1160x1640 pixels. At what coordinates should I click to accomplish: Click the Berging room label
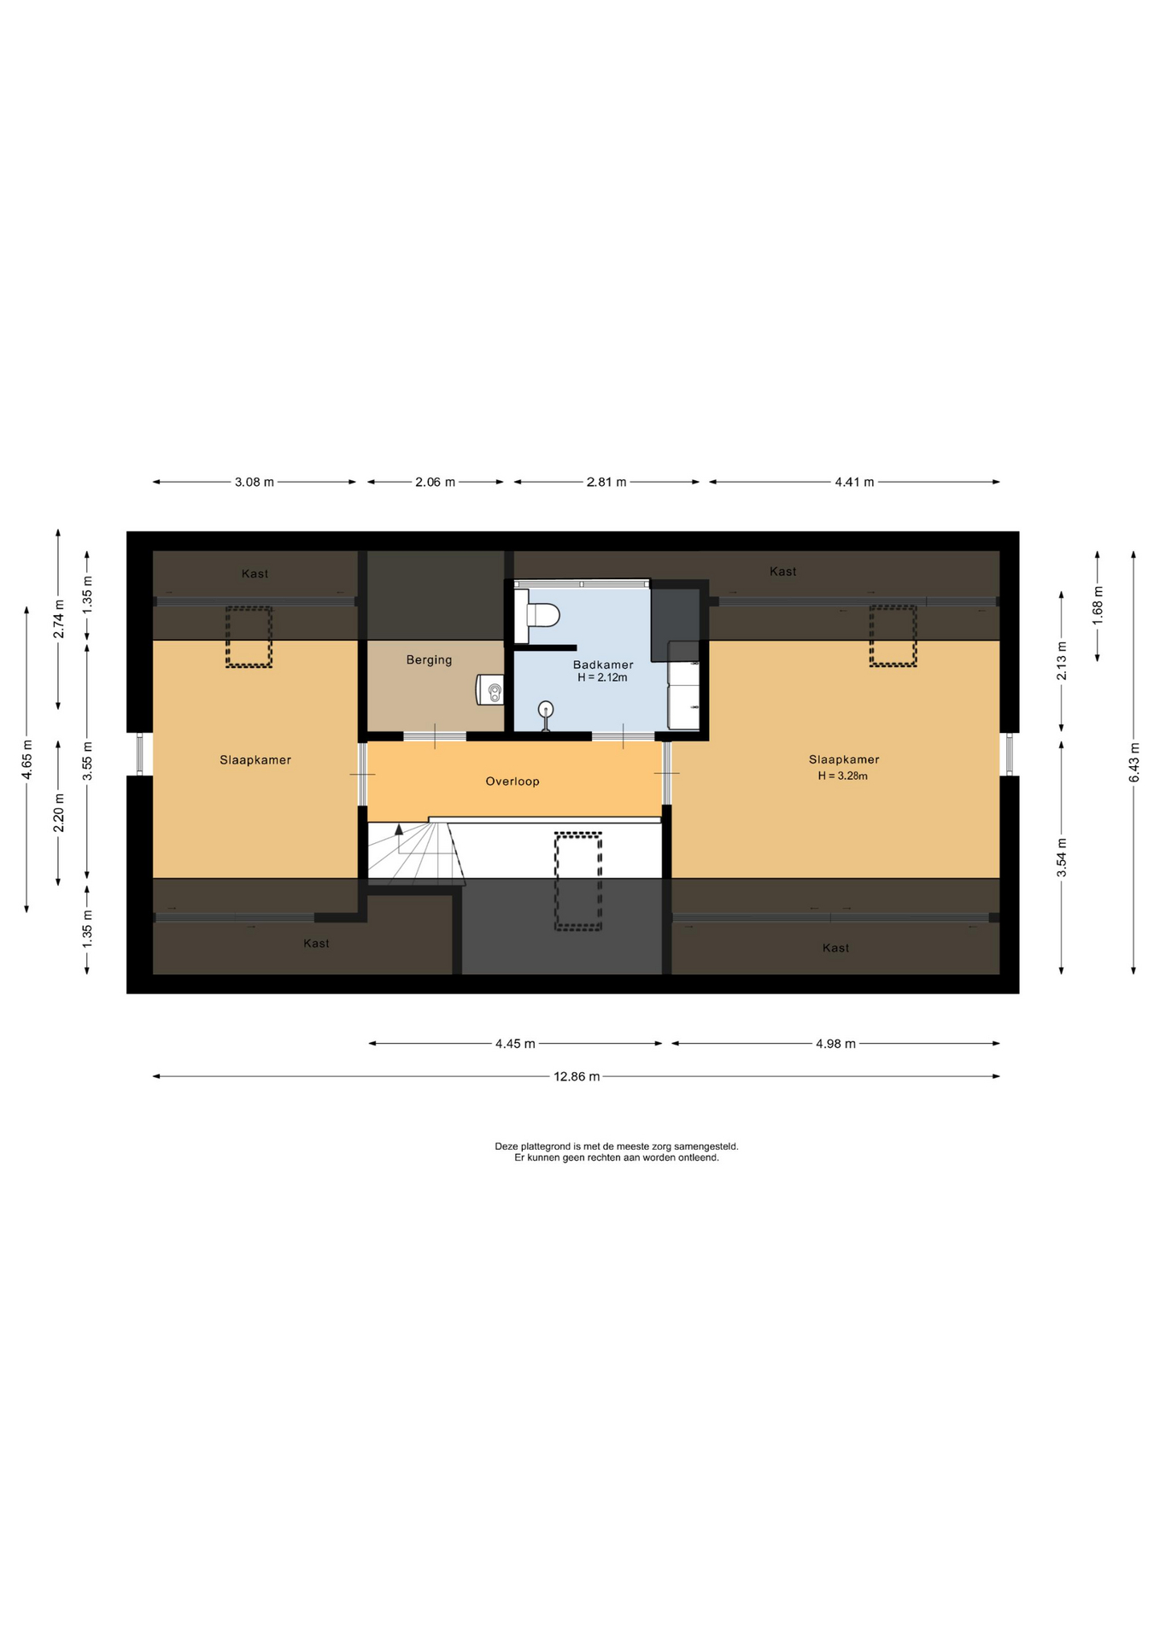point(429,659)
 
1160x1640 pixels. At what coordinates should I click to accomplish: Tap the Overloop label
point(513,781)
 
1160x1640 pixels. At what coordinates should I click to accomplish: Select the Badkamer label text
point(603,665)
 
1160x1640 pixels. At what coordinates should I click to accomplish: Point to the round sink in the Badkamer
point(546,710)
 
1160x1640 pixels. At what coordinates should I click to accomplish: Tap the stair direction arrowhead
point(399,829)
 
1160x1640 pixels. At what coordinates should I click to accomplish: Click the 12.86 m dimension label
point(577,1076)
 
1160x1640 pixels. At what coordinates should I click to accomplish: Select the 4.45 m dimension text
point(515,1043)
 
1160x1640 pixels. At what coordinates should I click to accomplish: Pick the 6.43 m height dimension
point(1134,762)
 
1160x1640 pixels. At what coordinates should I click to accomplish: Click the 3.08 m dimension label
point(255,482)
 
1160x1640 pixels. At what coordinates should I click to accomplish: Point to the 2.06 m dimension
point(435,482)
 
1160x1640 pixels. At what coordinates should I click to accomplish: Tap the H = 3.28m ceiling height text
point(842,776)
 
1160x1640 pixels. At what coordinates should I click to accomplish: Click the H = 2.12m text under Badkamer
point(602,677)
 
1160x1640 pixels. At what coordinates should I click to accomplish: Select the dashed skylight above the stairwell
point(578,881)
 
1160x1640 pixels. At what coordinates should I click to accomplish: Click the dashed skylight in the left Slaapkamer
point(249,637)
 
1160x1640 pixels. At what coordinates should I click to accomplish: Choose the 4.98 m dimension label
point(835,1043)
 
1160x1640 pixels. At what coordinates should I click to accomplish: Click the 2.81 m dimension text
point(606,482)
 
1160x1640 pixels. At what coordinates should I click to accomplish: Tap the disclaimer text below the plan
point(617,1151)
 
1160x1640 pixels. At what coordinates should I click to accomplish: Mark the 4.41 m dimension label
point(854,482)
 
